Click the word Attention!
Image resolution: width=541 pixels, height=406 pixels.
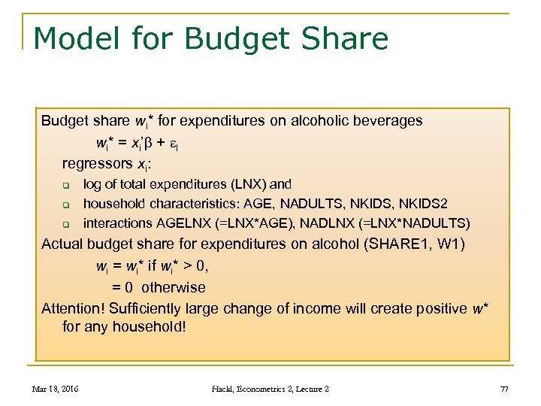coord(73,308)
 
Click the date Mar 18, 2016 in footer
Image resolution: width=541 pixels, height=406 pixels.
coord(56,388)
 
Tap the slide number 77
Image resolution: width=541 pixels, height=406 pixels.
coord(503,388)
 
